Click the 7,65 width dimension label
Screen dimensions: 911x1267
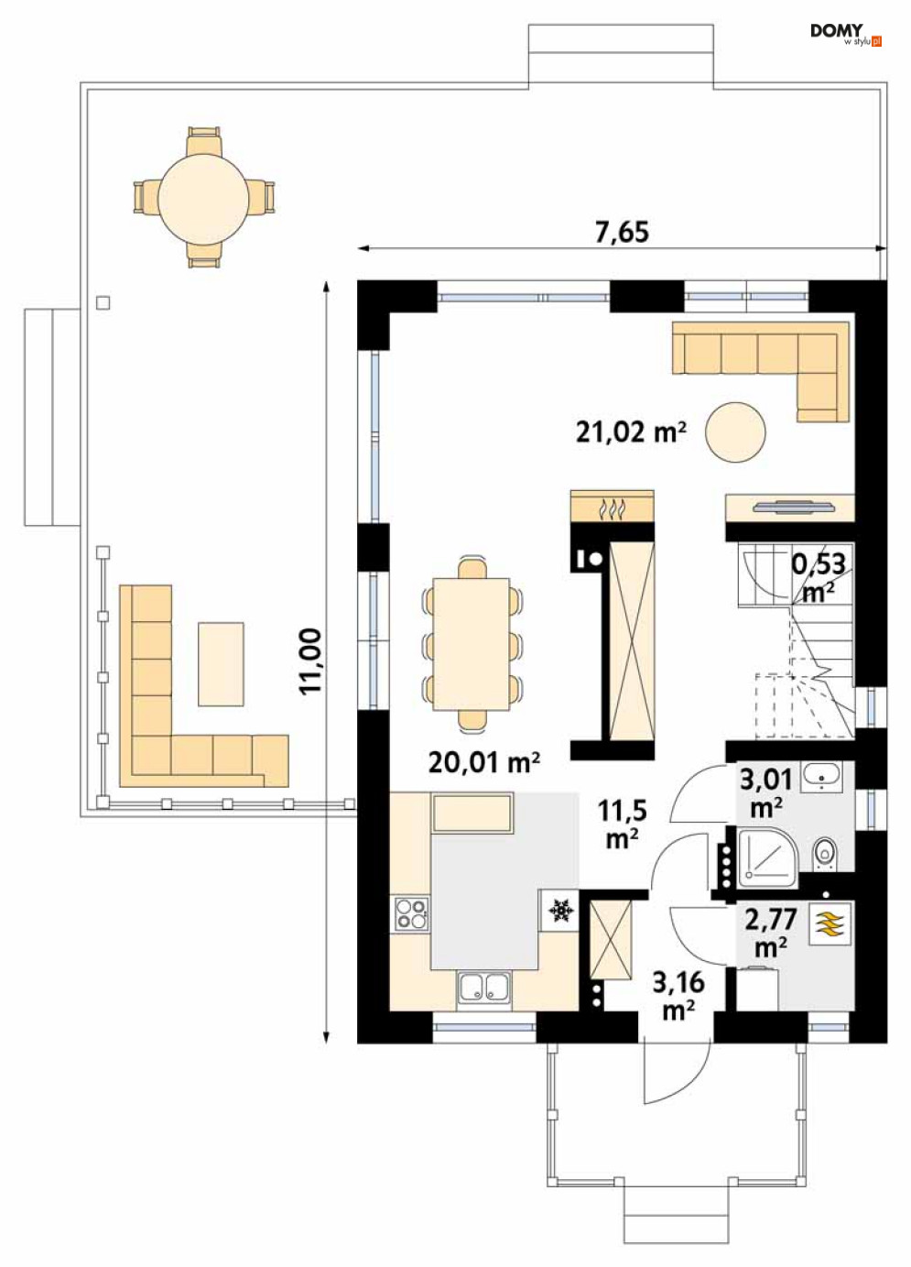pyautogui.click(x=622, y=232)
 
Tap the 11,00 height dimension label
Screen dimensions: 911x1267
pyautogui.click(x=310, y=661)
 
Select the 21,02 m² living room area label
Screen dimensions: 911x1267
pyautogui.click(x=631, y=432)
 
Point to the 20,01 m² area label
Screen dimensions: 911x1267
pyautogui.click(x=483, y=762)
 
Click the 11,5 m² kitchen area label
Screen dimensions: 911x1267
pyautogui.click(x=623, y=825)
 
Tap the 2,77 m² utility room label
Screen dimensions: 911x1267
pyautogui.click(x=771, y=934)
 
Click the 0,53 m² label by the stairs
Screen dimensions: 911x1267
pyautogui.click(x=819, y=577)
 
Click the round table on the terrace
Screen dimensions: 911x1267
pyautogui.click(x=203, y=198)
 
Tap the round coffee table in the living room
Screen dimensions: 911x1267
pyautogui.click(x=735, y=432)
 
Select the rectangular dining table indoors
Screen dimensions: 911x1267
pyautogui.click(x=472, y=644)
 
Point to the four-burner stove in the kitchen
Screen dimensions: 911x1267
pyautogui.click(x=411, y=914)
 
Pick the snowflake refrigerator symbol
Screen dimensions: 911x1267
pyautogui.click(x=560, y=912)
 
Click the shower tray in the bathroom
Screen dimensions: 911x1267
pyautogui.click(x=767, y=858)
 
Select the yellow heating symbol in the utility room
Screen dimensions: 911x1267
pyautogui.click(x=829, y=924)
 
